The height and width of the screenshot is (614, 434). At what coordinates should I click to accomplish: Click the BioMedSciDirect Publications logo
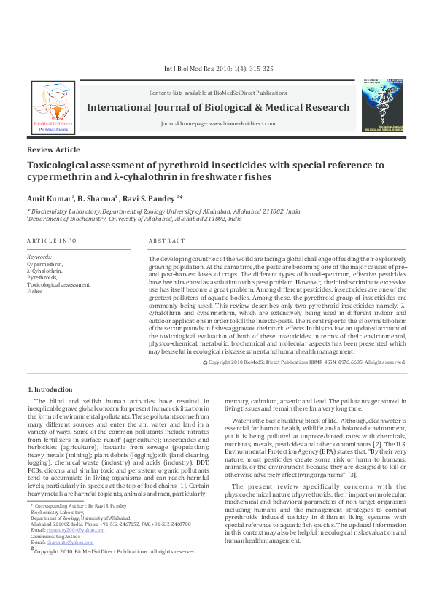53,107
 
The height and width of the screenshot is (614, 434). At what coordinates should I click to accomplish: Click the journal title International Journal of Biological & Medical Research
218,107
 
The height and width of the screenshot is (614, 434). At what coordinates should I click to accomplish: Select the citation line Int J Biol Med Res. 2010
219,69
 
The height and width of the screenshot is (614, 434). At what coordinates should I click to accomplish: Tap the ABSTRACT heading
166,241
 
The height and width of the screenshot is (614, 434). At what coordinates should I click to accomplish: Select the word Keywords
39,257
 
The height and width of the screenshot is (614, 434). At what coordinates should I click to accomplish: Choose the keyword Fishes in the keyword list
35,290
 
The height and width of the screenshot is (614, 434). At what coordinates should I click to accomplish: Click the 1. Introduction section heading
50,389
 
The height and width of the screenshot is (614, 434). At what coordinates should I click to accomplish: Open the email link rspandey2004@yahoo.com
66,530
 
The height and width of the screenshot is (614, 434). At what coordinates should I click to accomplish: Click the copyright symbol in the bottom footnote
31,550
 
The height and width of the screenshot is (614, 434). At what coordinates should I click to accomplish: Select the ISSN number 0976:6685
340,362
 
